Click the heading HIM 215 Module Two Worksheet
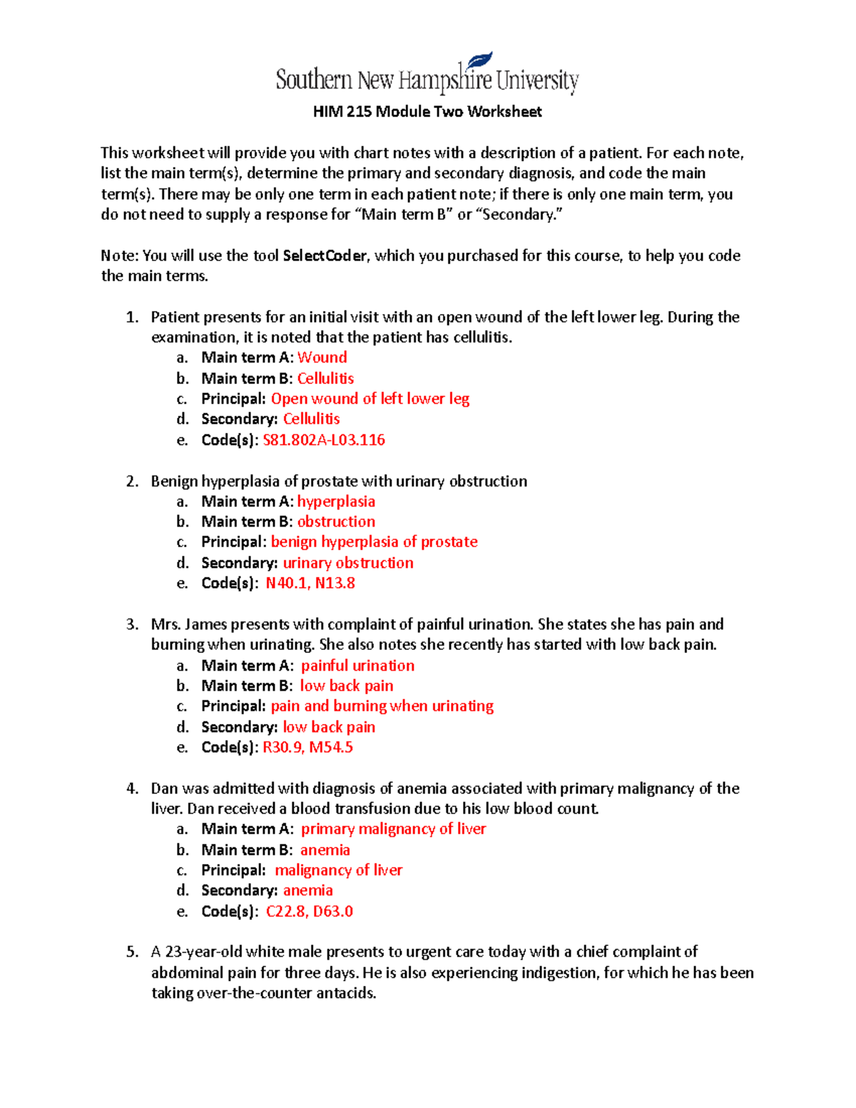(x=427, y=111)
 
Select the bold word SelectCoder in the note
(x=325, y=255)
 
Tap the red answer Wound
(x=322, y=357)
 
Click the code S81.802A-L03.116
(x=324, y=439)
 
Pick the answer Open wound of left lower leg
(x=370, y=398)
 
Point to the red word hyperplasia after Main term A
(x=336, y=501)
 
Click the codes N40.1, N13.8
(x=310, y=583)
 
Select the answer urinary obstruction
(x=348, y=562)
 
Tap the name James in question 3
(x=205, y=624)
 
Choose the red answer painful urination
(x=357, y=665)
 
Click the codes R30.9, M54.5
(x=307, y=747)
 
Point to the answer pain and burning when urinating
(x=382, y=706)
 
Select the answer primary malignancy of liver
(x=393, y=828)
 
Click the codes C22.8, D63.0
(x=310, y=911)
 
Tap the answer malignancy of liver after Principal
(x=338, y=870)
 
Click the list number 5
(x=132, y=952)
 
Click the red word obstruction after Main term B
(x=336, y=522)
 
